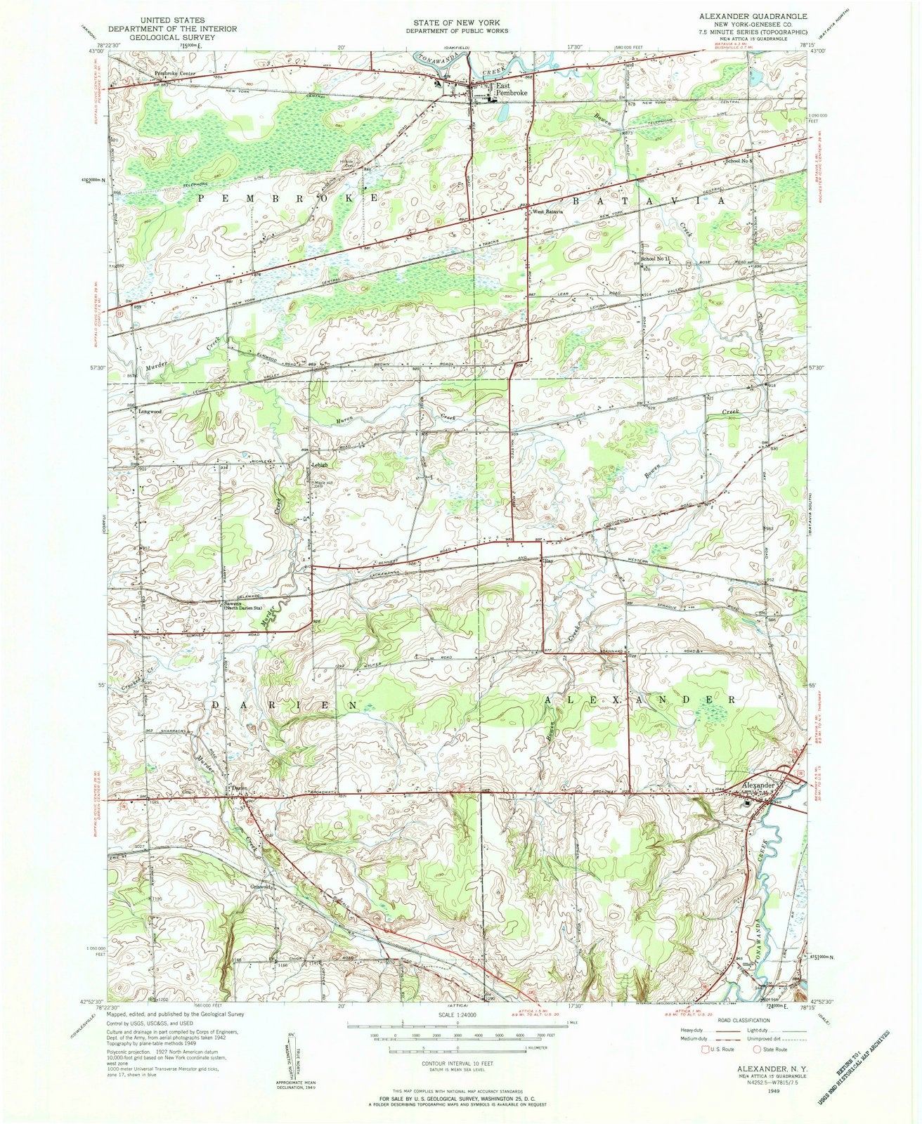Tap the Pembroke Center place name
[176, 73]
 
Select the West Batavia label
[548, 211]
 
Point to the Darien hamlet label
[240, 788]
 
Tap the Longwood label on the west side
[150, 411]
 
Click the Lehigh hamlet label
[320, 465]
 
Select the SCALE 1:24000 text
[456, 1015]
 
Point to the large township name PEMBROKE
[288, 200]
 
